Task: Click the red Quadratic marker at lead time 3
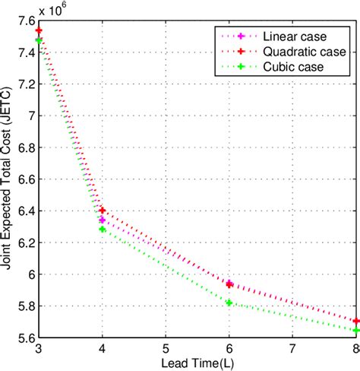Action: click(39, 30)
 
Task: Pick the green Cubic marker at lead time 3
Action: click(39, 40)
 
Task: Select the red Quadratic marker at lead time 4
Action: click(102, 210)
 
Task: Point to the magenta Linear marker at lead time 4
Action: click(102, 220)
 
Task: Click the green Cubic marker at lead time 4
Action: click(102, 229)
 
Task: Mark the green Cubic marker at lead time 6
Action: click(229, 303)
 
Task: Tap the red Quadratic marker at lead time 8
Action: click(355, 321)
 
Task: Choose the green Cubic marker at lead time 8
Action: click(355, 330)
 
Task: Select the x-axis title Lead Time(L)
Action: click(197, 363)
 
